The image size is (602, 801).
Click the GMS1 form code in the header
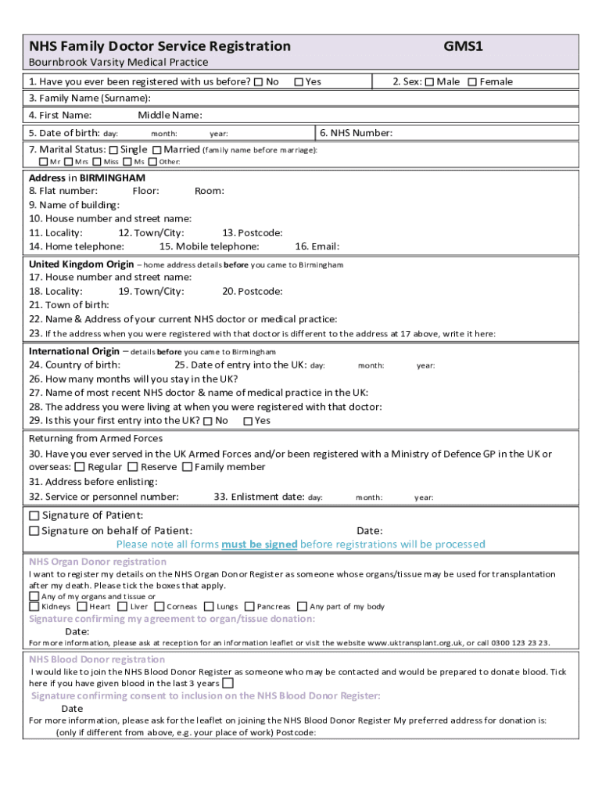click(x=464, y=47)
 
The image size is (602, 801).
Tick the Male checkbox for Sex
click(x=429, y=82)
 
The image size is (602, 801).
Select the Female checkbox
click(x=471, y=82)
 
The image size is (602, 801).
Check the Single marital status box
click(x=113, y=150)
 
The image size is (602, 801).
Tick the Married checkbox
click(x=157, y=150)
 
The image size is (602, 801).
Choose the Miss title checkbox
click(x=97, y=162)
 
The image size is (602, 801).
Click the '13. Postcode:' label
click(x=253, y=233)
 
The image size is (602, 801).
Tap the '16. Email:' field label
click(x=317, y=246)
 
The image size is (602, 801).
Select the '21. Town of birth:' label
click(x=69, y=305)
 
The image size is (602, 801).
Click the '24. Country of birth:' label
click(x=74, y=365)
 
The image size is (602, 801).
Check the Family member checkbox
click(x=188, y=467)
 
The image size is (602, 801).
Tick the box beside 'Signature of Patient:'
click(x=34, y=516)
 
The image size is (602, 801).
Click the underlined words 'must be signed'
click(x=260, y=544)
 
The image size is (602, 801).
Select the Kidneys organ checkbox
click(x=34, y=606)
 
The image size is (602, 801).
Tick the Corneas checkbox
click(x=159, y=606)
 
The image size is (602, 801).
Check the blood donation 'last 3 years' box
click(x=228, y=683)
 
